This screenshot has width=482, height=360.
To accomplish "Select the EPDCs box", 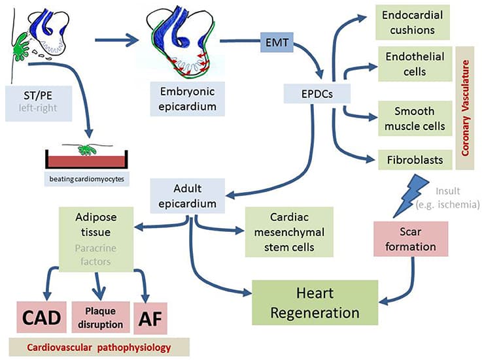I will coord(317,93).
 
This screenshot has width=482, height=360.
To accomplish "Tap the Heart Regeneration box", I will coord(315,302).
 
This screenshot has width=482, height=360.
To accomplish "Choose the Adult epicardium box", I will coord(188,194).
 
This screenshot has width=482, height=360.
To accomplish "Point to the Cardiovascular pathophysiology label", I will coord(99,348).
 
